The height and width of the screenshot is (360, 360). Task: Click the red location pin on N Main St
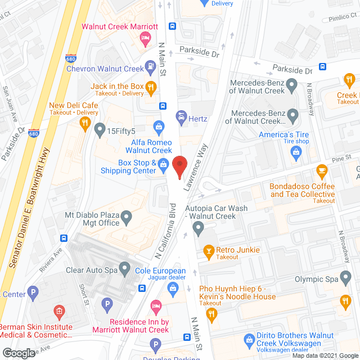coord(179,166)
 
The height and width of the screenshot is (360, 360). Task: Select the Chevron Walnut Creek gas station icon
coord(150,69)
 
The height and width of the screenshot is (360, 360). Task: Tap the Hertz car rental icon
coord(182,119)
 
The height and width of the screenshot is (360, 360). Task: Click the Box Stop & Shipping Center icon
coord(163,165)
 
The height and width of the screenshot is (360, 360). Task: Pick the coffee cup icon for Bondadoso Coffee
coord(321,169)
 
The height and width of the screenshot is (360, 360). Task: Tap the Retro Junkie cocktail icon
coord(208,250)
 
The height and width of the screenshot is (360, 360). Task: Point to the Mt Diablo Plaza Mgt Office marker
coord(127,216)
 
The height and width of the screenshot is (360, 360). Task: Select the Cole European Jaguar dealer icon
coord(173,289)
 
